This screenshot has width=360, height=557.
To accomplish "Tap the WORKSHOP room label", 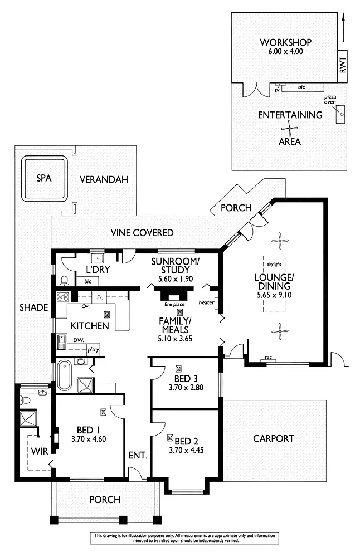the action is [x=285, y=42].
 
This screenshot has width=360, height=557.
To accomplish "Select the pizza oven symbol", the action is [x=340, y=115].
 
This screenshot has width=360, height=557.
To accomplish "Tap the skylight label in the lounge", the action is [x=274, y=264].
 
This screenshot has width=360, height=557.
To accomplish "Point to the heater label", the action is [x=206, y=303].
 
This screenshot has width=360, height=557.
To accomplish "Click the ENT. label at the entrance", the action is [x=138, y=455].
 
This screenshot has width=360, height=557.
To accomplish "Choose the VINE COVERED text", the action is [x=142, y=232].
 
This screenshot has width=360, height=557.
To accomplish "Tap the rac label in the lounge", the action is [x=268, y=357].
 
